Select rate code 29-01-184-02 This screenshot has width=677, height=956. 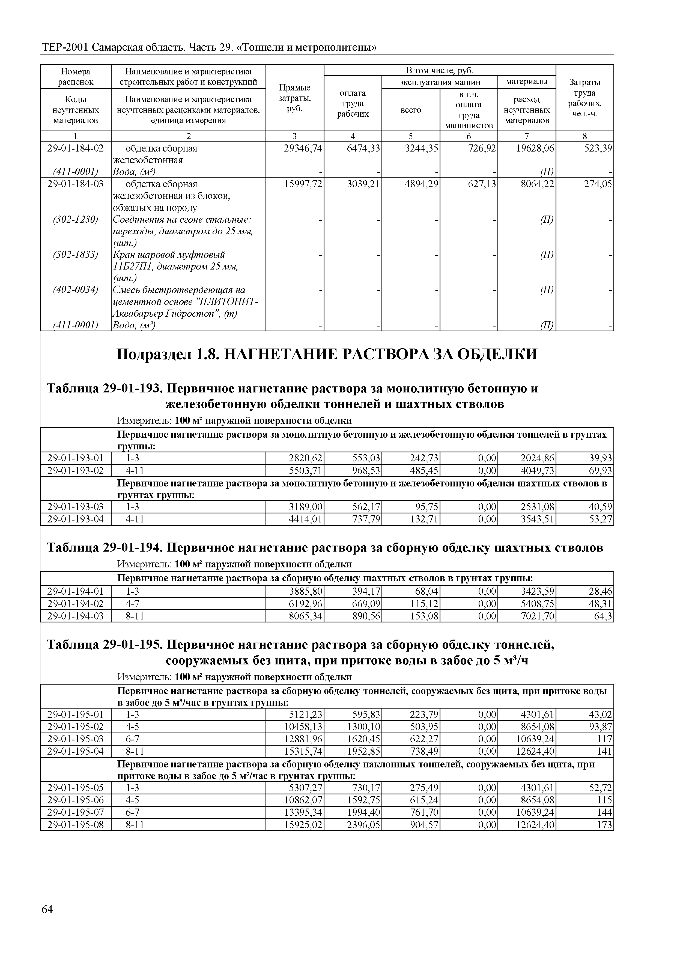pyautogui.click(x=76, y=148)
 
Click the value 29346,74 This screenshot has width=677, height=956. pyautogui.click(x=303, y=148)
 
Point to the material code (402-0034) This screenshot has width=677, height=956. pyautogui.click(x=76, y=290)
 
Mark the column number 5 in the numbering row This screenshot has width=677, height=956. pyautogui.click(x=411, y=136)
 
